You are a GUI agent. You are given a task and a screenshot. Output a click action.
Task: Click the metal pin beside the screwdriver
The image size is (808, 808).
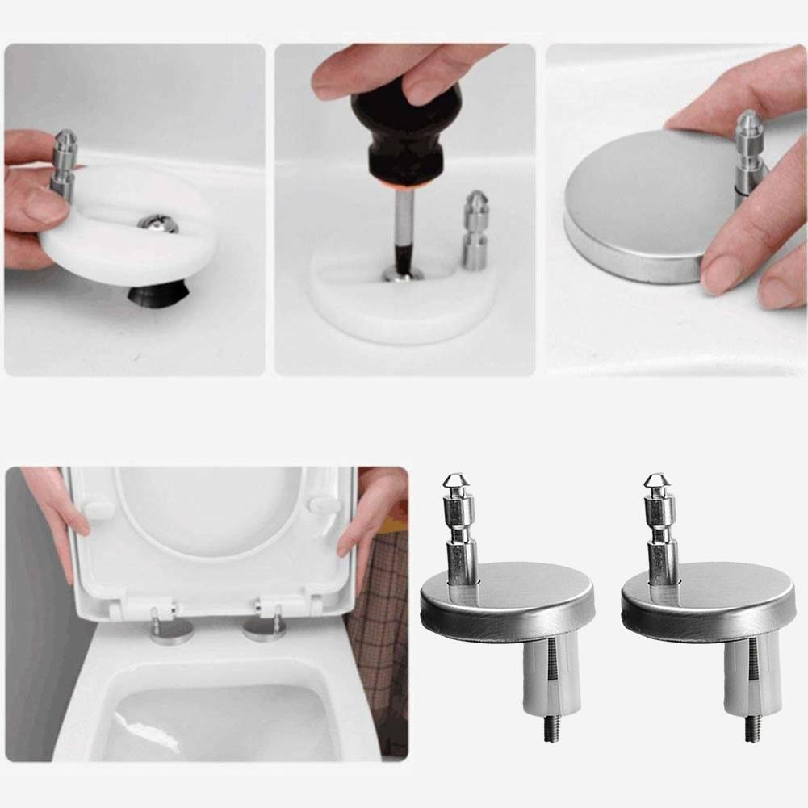click(475, 229)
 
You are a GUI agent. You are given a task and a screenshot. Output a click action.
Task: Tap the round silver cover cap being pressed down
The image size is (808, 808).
click(638, 206)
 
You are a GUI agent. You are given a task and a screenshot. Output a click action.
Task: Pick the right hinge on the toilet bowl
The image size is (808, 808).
click(266, 624)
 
